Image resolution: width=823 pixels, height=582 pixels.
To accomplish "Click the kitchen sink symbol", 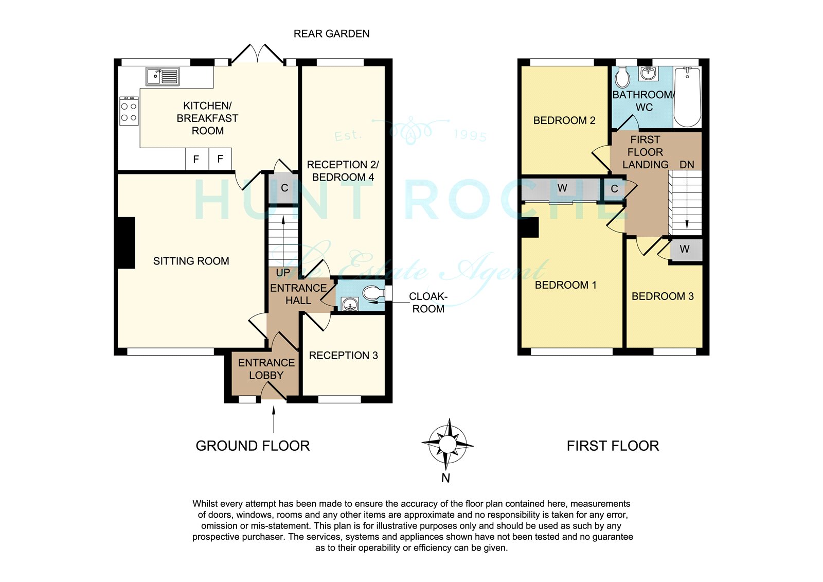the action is point(163,77).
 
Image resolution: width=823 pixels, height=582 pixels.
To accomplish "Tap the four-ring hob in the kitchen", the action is point(129,111).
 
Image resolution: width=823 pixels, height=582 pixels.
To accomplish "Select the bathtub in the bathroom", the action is point(687,97).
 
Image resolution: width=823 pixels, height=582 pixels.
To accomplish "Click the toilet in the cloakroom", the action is point(373,293).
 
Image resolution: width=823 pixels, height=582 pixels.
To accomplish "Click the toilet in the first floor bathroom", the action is point(622,78).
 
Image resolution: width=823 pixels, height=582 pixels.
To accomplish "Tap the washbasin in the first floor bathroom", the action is point(649,73).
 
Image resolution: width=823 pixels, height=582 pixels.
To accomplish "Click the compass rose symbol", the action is point(447,444).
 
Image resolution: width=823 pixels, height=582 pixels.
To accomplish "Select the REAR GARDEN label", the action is point(331,34).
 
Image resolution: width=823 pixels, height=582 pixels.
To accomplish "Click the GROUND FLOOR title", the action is point(253,446).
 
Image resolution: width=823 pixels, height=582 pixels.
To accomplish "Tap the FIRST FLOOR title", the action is point(613,446).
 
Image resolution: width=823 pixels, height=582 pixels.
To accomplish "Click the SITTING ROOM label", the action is point(191,261).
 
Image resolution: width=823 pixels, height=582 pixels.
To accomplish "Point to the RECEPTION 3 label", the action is point(343,356).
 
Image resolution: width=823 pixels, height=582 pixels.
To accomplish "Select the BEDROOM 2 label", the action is point(564,120).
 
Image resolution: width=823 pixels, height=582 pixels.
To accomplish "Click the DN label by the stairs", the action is point(687,165).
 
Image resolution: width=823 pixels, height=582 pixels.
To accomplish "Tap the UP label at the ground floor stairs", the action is point(283,273).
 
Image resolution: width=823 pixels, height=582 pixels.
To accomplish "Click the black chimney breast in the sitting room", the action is point(126,243).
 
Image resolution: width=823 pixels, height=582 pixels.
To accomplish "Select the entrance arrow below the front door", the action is point(273,419).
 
